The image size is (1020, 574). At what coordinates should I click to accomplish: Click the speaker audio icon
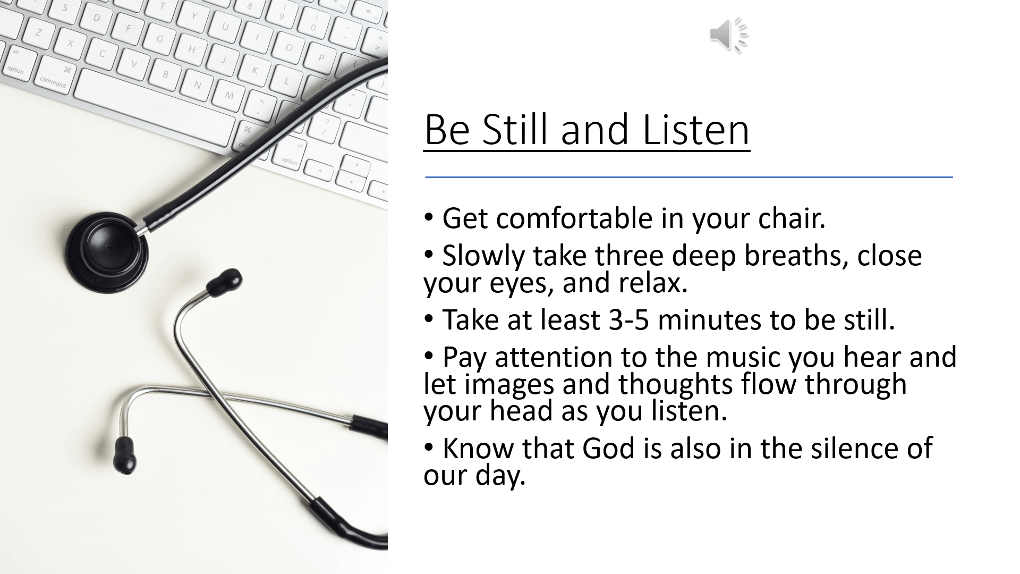pos(729,35)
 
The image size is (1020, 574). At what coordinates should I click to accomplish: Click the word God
pos(609,448)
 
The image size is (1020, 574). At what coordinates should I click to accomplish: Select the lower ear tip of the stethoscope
pos(125,455)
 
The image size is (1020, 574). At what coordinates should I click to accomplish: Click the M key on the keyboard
pos(229,96)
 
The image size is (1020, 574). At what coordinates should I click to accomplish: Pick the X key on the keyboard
pos(70,43)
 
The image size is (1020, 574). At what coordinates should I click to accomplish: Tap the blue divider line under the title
pos(689,177)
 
